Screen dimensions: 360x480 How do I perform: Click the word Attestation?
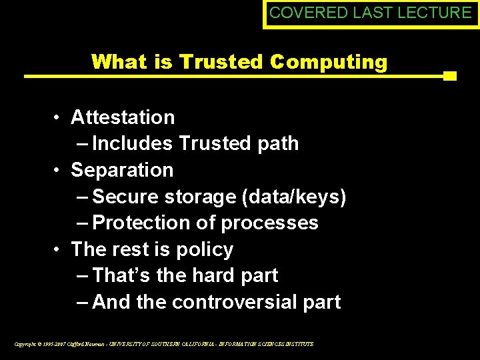pos(123,117)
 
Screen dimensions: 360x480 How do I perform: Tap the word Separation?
pos(122,170)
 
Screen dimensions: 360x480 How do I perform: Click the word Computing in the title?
pos(329,62)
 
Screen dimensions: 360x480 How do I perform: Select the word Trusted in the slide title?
pos(222,62)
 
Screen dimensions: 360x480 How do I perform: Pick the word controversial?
pos(241,302)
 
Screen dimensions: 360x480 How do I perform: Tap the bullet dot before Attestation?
pos(59,118)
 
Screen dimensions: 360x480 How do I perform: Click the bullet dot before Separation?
pos(59,171)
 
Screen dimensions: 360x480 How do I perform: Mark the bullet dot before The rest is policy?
pos(59,250)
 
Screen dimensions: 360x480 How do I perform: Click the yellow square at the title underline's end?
pos(450,76)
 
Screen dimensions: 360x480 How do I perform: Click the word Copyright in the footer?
pos(25,344)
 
